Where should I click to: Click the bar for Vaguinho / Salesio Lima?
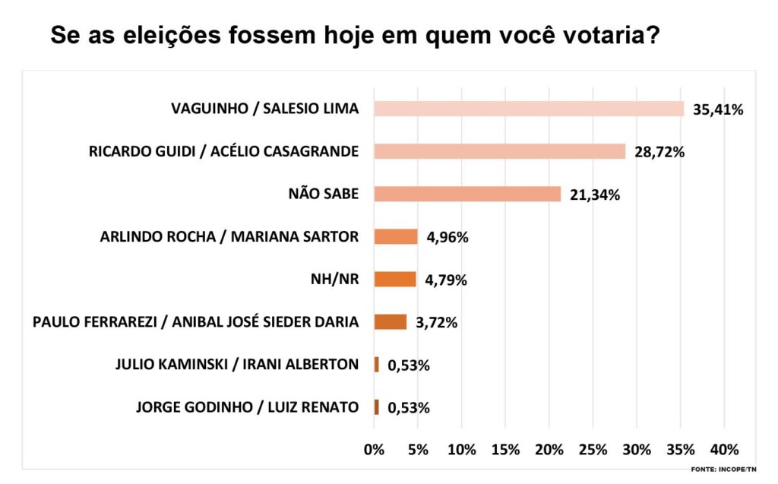coord(529,109)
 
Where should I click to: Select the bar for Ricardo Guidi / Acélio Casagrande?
coord(499,151)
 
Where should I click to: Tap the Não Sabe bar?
coord(467,194)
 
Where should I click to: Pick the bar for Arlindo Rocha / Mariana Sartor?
coord(396,236)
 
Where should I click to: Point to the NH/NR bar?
coord(395,279)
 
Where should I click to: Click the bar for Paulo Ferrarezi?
coord(391,321)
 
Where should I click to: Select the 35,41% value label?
coord(717,109)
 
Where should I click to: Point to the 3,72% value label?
coord(436,323)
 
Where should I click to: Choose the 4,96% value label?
coord(448,237)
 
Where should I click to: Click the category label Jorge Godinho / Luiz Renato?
coord(247,407)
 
